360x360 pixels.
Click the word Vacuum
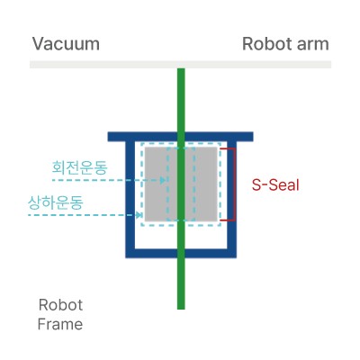66,44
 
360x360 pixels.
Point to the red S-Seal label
275,184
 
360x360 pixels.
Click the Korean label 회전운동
79,167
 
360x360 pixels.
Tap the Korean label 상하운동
56,202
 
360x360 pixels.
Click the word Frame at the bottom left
60,324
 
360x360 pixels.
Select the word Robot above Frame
60,305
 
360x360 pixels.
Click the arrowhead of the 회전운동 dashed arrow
163,180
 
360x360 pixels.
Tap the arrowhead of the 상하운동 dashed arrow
139,215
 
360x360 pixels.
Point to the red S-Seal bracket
234,184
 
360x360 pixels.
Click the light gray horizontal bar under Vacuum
180,65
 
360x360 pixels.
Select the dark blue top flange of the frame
180,137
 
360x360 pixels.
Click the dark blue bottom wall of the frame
181,254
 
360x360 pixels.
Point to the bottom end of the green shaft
181,309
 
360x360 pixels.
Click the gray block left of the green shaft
161,184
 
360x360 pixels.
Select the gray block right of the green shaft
201,184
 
